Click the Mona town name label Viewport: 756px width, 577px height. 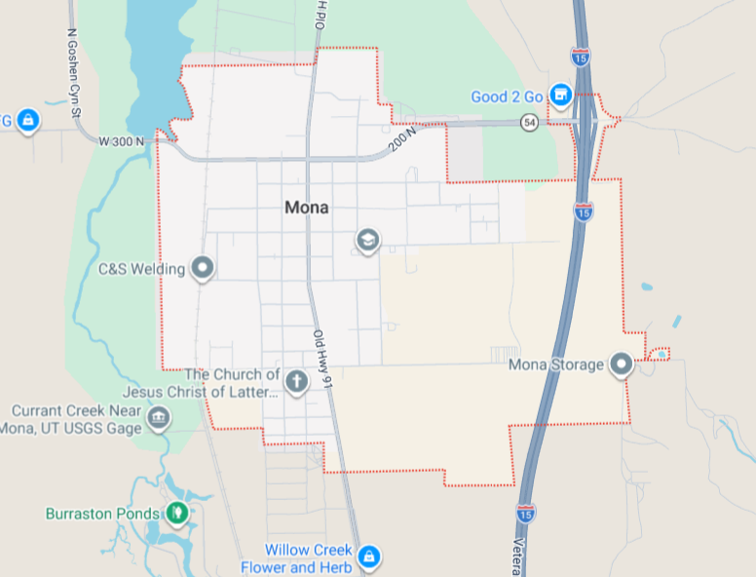pyautogui.click(x=307, y=208)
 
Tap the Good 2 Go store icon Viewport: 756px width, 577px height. pyautogui.click(x=560, y=95)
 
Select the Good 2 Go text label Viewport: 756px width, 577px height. pyautogui.click(x=507, y=96)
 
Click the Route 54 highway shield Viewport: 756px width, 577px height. pyautogui.click(x=529, y=122)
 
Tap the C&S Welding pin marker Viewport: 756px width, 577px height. pyautogui.click(x=203, y=267)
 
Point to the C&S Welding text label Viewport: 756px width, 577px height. pyautogui.click(x=142, y=269)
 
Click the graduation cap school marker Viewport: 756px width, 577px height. pyautogui.click(x=367, y=239)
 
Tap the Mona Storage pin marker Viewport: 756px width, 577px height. pyautogui.click(x=622, y=365)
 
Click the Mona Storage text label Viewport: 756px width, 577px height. pyautogui.click(x=557, y=366)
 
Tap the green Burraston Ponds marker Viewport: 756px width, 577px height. pyautogui.click(x=176, y=512)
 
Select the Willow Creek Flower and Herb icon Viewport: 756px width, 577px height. pyautogui.click(x=367, y=557)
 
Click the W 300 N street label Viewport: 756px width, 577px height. pyautogui.click(x=122, y=141)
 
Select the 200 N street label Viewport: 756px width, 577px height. pyautogui.click(x=401, y=140)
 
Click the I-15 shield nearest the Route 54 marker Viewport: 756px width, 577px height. pyautogui.click(x=581, y=58)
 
